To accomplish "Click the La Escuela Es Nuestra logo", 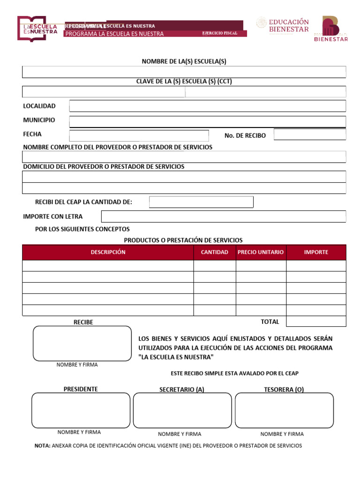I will point(37,29).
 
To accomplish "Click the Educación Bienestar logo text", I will point(289,25).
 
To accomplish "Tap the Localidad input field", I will point(207,106).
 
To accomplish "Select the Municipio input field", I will point(207,121).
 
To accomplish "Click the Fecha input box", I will point(139,135).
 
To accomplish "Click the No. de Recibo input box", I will point(309,135).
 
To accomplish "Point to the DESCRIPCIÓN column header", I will point(108,252).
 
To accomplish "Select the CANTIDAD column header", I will point(214,252).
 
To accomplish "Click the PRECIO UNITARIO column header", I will point(261,252).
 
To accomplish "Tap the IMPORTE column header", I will point(316,252).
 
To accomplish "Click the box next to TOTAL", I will point(316,322).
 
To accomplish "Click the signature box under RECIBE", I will point(82,343).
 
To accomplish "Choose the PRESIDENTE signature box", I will point(81,410).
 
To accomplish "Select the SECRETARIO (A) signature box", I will point(182,410).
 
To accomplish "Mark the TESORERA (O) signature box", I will point(284,410).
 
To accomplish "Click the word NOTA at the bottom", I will point(42,446).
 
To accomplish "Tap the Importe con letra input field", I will point(224,217).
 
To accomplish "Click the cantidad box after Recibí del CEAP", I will point(201,202).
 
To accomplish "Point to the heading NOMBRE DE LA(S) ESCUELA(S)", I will point(184,61).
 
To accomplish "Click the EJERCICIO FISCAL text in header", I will point(219,33).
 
